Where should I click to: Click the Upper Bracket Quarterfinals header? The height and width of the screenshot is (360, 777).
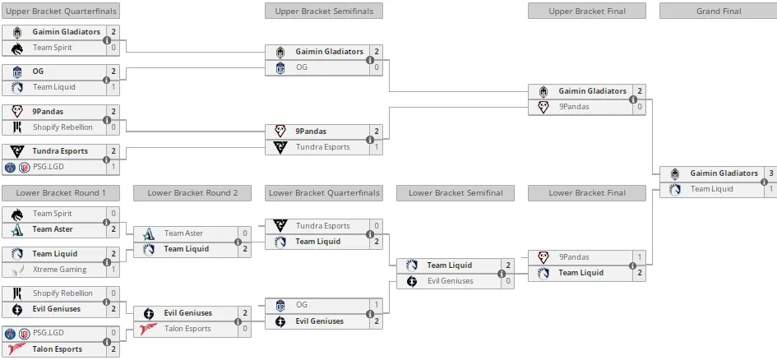point(61,11)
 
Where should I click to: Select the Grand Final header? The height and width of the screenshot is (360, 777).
point(719,11)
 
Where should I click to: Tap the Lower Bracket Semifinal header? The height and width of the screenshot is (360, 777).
point(456,193)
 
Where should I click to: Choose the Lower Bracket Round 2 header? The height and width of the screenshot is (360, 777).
point(192,193)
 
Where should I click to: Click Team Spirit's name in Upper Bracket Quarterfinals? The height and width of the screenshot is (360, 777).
point(53,48)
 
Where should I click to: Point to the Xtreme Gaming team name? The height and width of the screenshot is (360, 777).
point(59,270)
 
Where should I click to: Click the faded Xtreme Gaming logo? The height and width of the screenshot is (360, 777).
point(17,270)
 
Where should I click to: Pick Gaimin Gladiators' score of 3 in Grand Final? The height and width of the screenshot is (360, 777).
point(771,173)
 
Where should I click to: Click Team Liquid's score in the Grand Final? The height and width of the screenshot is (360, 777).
point(771,189)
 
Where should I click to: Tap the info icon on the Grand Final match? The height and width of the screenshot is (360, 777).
point(765,182)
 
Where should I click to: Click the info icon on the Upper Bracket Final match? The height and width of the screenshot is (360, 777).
point(633,99)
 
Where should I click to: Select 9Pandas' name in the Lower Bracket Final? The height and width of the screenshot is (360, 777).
point(574,257)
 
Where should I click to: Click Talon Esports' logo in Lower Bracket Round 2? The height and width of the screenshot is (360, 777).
point(149,329)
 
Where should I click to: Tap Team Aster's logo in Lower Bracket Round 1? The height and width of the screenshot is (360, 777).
point(17,229)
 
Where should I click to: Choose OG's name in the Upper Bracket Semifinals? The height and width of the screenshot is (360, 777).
point(302,67)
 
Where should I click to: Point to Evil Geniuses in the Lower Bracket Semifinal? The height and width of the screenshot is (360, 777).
point(450,281)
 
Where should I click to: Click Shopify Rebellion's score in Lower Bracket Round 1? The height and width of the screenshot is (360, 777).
point(113,293)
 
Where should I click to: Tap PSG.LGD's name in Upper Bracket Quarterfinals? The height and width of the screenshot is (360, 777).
point(48,167)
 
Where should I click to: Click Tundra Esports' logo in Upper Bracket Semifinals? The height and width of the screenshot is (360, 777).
point(280,147)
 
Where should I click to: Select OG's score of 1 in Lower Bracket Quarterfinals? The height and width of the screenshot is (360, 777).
point(377,305)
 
